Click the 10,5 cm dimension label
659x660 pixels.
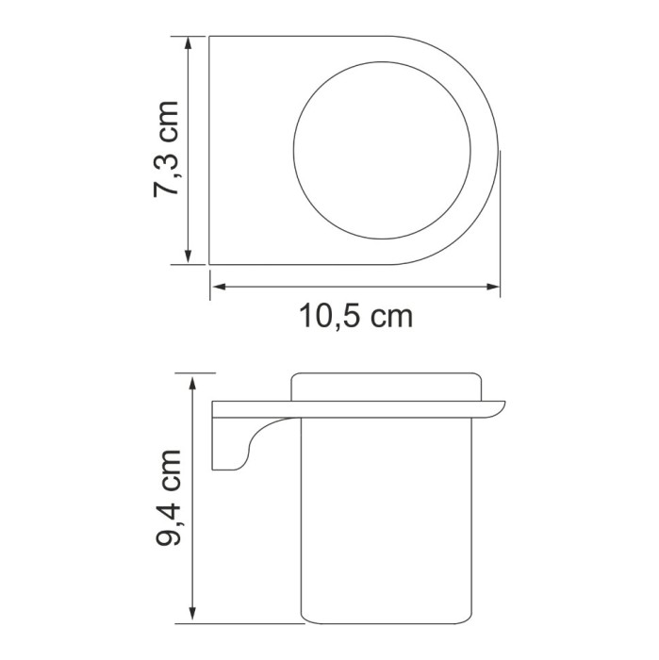(x=356, y=316)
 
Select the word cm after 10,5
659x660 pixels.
(x=390, y=316)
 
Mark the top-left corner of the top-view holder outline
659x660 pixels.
(x=209, y=37)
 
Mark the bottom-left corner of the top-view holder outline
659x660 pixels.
(x=209, y=265)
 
